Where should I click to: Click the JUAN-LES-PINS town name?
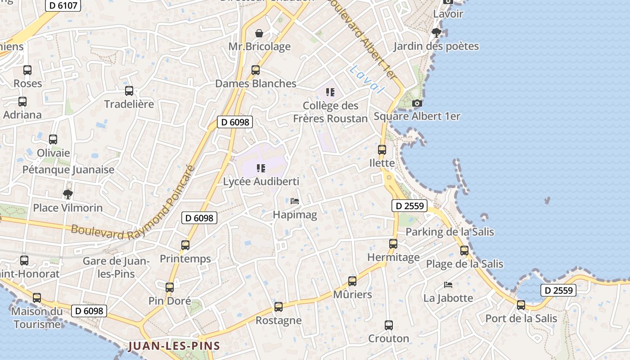174,346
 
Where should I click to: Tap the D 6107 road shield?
63,6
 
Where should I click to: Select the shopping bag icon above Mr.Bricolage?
259,33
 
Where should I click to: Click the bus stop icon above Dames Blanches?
256,70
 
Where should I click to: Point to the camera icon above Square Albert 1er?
417,103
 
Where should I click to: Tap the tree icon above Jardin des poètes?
436,32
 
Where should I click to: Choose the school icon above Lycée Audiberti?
261,168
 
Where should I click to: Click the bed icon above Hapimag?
295,201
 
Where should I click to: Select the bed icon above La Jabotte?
448,284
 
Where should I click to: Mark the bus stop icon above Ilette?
382,150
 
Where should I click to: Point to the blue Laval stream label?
367,79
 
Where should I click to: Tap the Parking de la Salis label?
450,232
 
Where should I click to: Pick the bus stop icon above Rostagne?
279,307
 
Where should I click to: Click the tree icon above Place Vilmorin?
68,194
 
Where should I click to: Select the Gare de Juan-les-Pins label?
116,267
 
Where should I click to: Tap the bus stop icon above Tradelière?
129,91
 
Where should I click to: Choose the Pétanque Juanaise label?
68,170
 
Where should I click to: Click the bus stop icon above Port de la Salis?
521,305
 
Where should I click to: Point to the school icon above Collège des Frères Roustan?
331,92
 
